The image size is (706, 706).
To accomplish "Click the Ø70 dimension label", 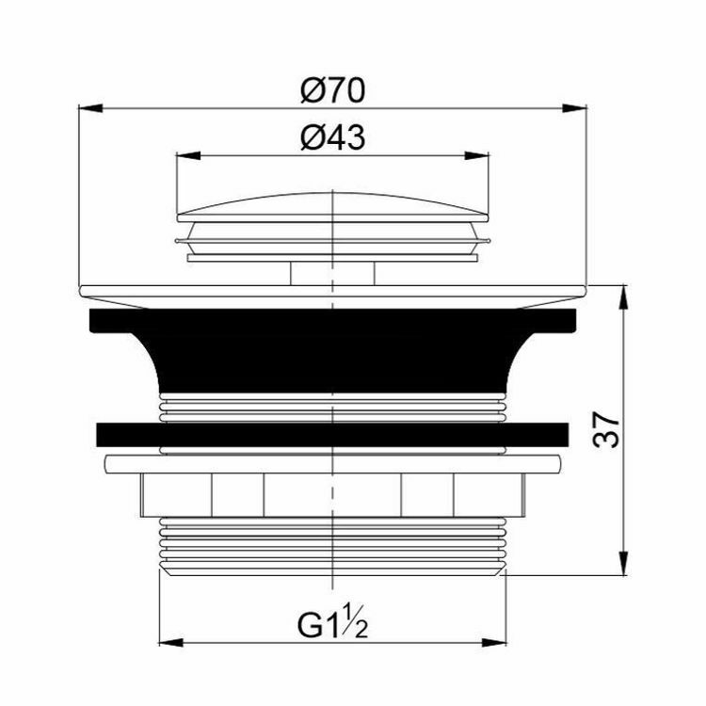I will [x=333, y=91].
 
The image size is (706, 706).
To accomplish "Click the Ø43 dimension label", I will [x=333, y=138].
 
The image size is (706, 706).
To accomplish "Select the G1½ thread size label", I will [x=333, y=623].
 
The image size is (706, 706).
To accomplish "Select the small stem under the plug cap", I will [x=333, y=273].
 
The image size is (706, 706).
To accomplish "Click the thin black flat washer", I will [x=333, y=435].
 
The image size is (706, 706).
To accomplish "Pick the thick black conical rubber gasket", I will [x=333, y=348].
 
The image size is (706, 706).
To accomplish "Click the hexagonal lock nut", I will [x=333, y=492].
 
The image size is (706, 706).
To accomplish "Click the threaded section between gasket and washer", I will [x=333, y=408].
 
